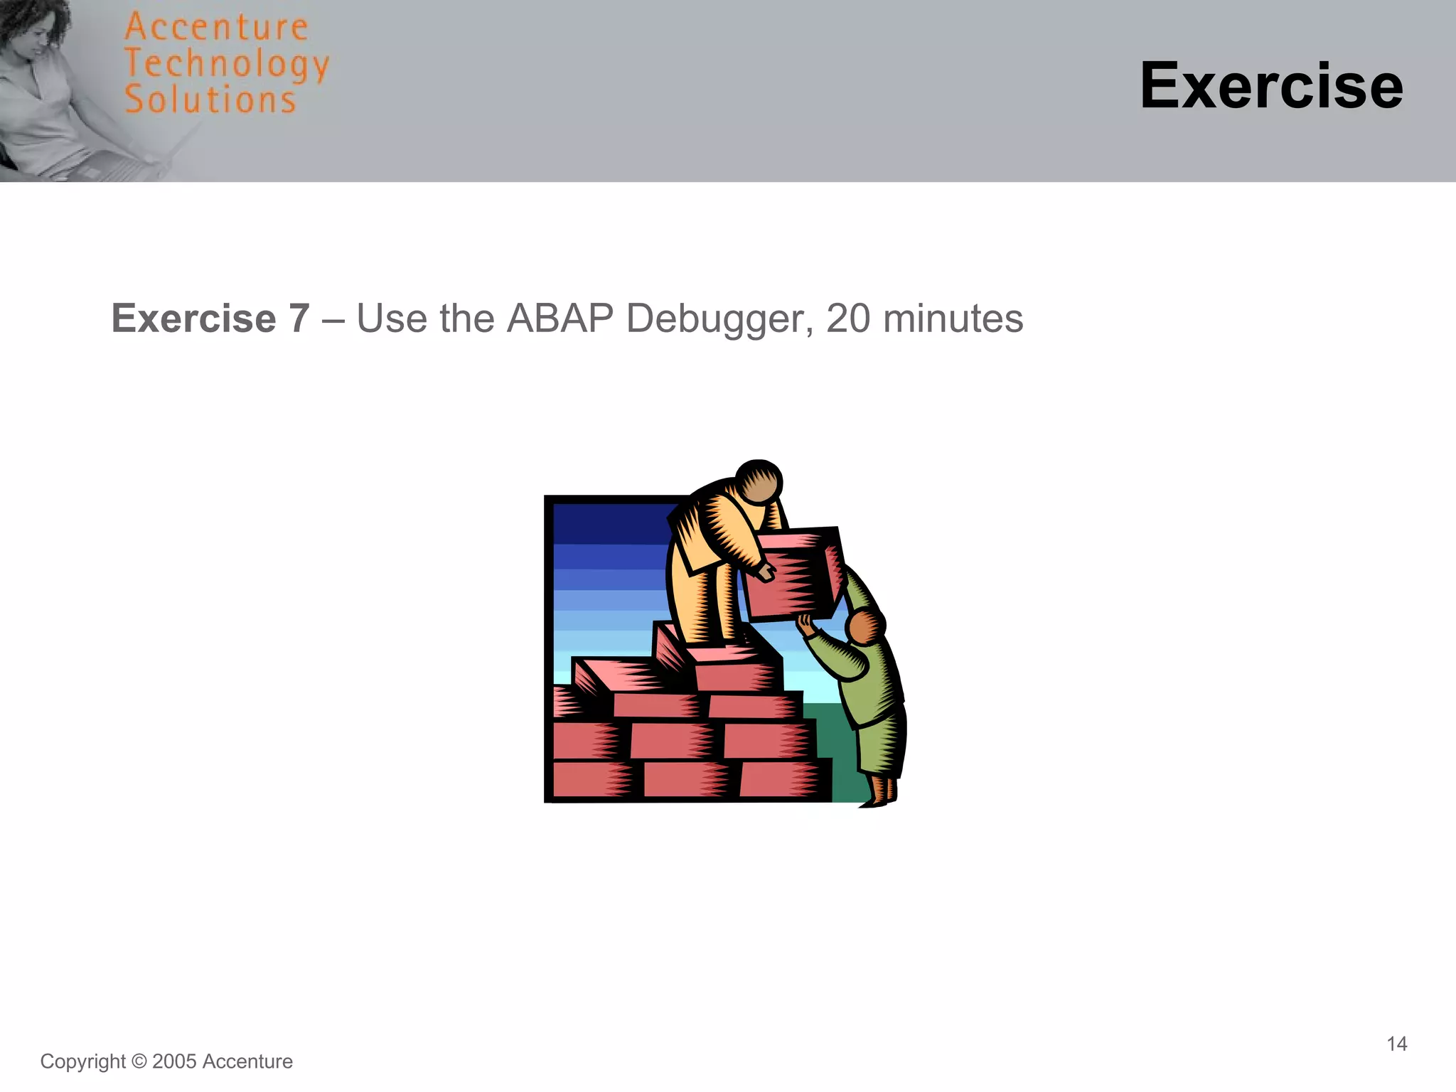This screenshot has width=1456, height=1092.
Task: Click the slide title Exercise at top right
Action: pos(1270,86)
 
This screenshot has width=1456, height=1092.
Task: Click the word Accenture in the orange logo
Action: pos(216,28)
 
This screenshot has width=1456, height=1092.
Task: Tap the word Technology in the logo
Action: pos(226,65)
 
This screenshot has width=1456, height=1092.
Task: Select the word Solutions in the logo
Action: pos(210,100)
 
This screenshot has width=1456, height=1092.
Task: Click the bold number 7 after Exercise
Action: pos(299,318)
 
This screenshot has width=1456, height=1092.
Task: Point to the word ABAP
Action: pos(560,318)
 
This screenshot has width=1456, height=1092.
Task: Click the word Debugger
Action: pos(719,319)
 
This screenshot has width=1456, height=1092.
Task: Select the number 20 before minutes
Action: pos(847,318)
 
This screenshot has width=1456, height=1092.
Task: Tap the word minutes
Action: pos(953,318)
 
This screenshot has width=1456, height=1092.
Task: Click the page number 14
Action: pos(1396,1044)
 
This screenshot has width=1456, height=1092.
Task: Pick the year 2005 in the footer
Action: pos(174,1061)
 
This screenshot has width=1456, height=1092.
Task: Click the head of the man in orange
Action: pos(759,483)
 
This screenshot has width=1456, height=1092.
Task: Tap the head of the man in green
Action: pos(865,627)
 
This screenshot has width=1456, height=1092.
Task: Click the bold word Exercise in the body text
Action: pos(193,318)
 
